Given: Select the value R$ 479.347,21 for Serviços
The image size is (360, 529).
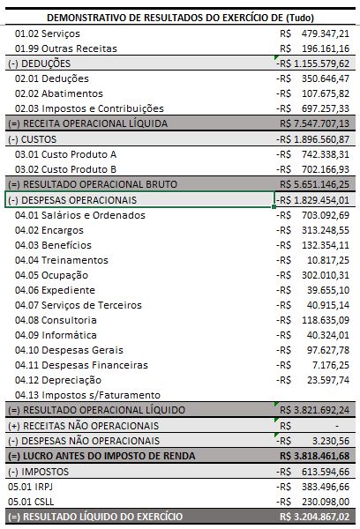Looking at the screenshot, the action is (x=314, y=34).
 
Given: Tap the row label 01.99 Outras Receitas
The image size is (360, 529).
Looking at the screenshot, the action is (x=66, y=48).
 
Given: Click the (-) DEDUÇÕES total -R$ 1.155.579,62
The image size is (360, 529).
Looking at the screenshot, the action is (x=312, y=63).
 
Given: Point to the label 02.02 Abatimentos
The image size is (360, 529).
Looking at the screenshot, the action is (x=59, y=93).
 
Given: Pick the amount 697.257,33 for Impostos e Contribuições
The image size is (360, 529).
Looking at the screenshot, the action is (x=326, y=108).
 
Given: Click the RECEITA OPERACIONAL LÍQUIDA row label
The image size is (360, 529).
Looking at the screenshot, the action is (x=88, y=123).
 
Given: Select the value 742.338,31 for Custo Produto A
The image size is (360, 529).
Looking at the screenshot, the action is (x=326, y=154).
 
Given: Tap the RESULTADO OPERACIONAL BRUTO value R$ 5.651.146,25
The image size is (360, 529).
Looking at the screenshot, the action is (x=314, y=184).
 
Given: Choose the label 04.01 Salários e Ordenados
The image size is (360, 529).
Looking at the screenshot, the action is (x=80, y=215).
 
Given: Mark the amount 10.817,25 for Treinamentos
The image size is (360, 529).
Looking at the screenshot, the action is (x=328, y=260).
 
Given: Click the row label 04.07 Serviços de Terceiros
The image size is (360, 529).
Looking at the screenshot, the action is (x=79, y=305).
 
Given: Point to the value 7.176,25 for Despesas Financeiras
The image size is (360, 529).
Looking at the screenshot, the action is (x=331, y=365).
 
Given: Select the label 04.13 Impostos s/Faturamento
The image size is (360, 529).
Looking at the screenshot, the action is (x=87, y=395).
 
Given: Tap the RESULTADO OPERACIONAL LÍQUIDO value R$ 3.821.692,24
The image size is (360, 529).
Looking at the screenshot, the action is (x=314, y=410).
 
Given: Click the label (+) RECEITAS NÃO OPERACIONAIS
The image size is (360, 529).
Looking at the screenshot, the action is (x=84, y=426).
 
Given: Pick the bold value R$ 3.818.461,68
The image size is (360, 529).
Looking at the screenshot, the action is (x=314, y=456).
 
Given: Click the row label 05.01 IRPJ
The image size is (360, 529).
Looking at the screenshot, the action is (x=30, y=487).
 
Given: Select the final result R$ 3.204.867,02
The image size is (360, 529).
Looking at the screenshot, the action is (x=314, y=517).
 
